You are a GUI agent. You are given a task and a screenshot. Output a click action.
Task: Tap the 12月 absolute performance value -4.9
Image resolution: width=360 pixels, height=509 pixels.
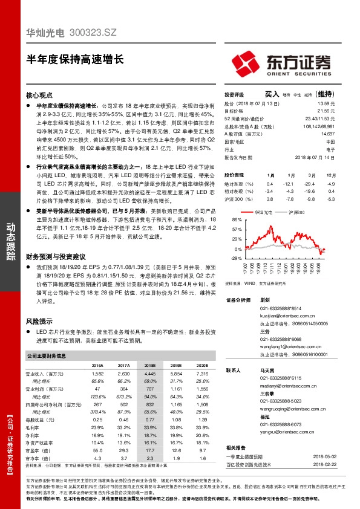[331, 184]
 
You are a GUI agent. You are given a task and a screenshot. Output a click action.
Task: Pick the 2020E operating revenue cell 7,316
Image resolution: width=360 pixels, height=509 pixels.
[201, 374]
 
